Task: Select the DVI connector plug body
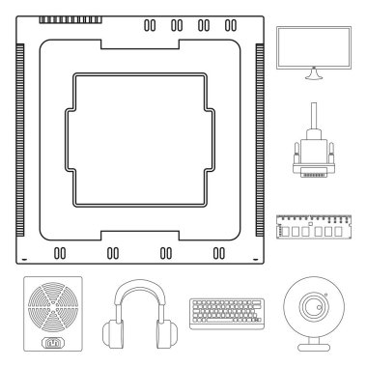point(312,154)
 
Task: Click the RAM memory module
point(312,228)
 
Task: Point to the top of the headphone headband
point(141,286)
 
